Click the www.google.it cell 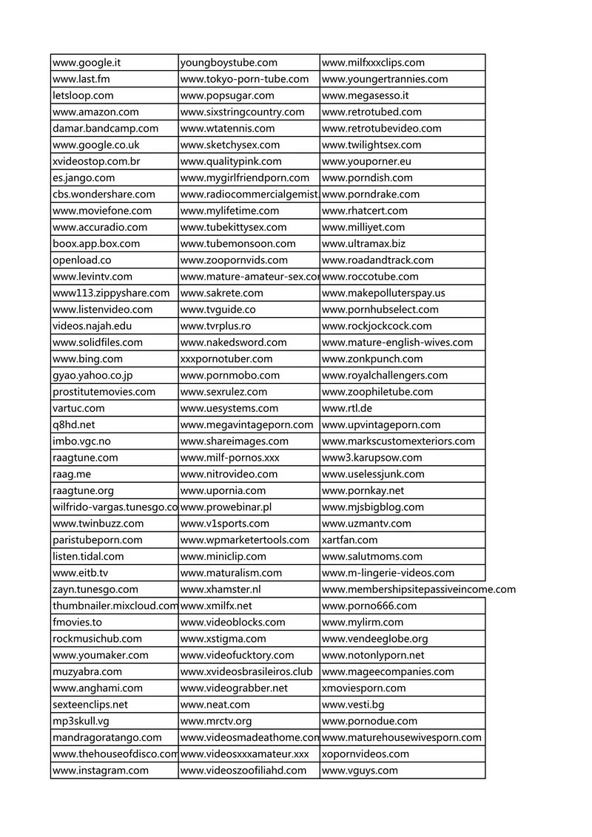tap(87, 63)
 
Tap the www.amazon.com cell tap(95, 112)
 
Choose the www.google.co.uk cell tap(96, 145)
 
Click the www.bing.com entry tap(87, 359)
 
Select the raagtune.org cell tap(83, 490)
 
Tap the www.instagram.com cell tap(101, 770)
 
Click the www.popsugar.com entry tap(227, 95)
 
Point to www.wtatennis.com tap(227, 128)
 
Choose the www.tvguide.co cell tap(218, 309)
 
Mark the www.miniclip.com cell tap(223, 556)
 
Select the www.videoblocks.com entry tap(232, 622)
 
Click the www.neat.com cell tap(215, 704)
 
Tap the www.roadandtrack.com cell tap(378, 260)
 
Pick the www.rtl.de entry tap(347, 408)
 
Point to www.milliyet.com tap(363, 227)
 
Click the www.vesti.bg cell tap(353, 704)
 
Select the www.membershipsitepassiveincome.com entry tap(419, 589)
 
